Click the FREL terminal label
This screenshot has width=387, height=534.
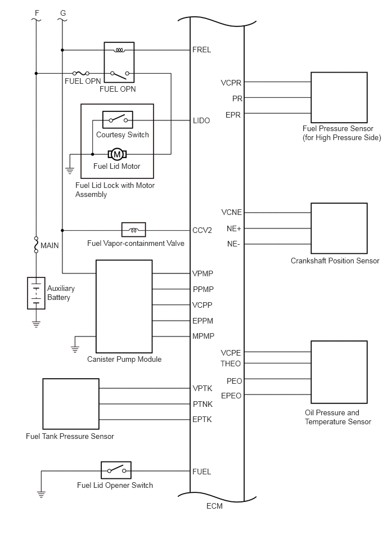tap(201, 50)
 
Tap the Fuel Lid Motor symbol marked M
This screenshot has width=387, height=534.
tap(117, 154)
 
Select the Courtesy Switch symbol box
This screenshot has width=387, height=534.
tap(118, 119)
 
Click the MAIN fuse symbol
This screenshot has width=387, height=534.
tap(36, 245)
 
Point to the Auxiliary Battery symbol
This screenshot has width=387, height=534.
tap(36, 293)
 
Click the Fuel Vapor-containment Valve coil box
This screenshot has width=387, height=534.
tap(134, 230)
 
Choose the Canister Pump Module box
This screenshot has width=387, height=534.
tap(124, 307)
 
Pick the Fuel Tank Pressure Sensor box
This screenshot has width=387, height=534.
tap(71, 404)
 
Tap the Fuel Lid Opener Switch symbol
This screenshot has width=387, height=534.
tap(116, 470)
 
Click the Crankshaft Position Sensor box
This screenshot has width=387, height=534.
tap(339, 228)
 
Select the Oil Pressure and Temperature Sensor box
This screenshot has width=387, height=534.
tap(339, 372)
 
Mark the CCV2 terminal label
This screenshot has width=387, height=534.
tap(202, 231)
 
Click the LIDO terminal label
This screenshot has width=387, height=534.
tap(201, 120)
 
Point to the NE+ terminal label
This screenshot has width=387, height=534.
tap(234, 228)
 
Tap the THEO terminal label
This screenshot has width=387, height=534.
tap(231, 364)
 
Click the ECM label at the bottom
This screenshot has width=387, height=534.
tap(214, 506)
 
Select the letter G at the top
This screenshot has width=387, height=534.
tap(63, 14)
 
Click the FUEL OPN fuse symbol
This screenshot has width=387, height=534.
tap(81, 73)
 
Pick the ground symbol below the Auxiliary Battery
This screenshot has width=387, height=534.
tap(36, 324)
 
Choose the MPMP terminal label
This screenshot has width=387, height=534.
tap(203, 336)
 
